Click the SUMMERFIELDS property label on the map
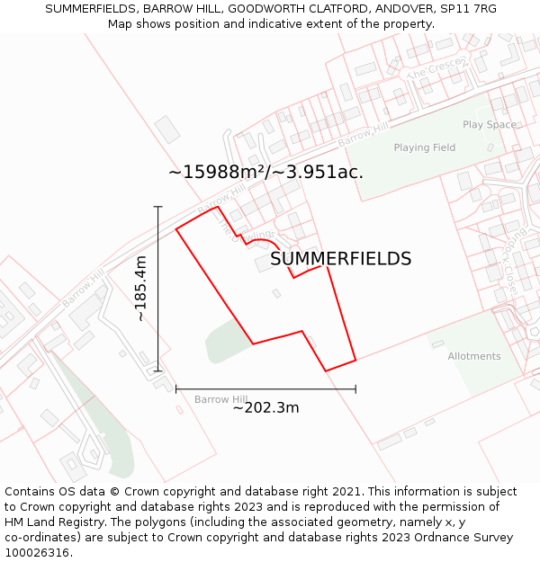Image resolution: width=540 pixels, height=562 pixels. point(340,259)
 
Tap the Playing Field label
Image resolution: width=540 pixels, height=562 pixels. point(425,147)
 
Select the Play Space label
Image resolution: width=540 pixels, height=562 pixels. point(490,125)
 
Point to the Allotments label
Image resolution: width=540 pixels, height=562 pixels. point(474,356)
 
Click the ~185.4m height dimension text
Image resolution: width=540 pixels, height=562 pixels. point(140,289)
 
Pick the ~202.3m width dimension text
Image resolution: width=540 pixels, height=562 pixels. point(265,408)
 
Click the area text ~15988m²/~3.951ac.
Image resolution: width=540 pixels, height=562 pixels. point(265,172)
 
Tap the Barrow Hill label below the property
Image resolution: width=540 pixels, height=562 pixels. point(220,399)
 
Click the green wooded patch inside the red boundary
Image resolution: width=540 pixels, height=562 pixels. point(229,341)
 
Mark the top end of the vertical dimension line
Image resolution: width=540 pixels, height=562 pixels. point(158,207)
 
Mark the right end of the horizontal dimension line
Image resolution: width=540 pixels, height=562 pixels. point(355,389)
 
